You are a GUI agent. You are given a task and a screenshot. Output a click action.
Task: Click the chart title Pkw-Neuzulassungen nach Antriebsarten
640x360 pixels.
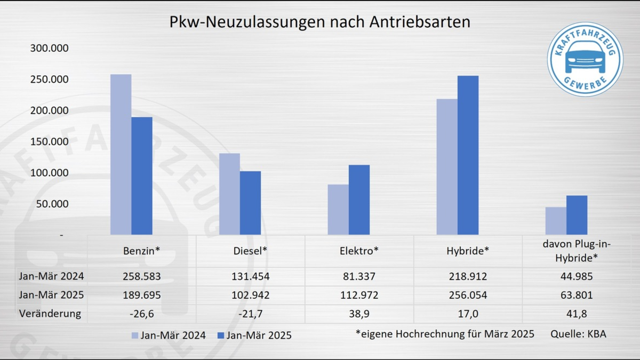320,22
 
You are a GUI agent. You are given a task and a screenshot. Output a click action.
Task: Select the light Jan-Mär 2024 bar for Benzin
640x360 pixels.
121,155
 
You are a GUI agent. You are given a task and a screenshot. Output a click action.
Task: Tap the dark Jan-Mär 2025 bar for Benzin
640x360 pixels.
142,176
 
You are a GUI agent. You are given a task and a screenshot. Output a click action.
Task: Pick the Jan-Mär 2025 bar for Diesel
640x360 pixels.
250,203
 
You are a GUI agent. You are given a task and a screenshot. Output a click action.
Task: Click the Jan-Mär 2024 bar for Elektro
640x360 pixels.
338,210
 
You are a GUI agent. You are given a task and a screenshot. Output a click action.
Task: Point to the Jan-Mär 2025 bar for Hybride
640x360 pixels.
468,155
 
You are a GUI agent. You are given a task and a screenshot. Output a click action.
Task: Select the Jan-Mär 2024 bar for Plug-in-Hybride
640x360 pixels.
556,221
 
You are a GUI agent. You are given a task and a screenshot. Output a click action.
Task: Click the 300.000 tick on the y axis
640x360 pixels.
50,49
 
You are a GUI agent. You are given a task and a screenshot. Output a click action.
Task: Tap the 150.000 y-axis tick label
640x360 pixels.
50,142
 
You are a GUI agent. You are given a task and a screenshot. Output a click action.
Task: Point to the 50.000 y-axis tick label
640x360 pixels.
52,204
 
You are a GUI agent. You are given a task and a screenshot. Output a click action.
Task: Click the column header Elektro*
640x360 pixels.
359,251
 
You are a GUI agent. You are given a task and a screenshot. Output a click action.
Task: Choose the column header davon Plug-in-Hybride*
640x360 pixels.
576,251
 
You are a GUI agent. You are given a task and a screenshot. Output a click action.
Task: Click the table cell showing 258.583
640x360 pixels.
142,277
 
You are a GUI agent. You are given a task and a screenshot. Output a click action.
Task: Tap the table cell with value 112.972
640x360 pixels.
359,295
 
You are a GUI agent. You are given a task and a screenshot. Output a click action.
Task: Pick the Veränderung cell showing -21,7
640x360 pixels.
251,314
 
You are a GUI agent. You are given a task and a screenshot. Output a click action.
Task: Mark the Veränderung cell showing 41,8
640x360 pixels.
576,314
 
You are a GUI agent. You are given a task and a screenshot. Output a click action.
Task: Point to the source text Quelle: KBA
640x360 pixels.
578,334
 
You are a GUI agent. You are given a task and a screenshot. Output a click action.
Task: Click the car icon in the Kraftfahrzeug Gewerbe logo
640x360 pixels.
585,59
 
